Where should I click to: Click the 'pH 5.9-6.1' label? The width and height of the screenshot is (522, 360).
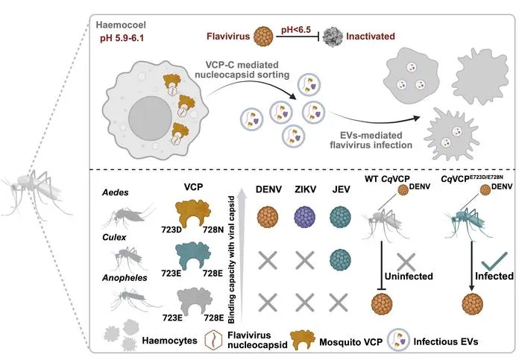122,38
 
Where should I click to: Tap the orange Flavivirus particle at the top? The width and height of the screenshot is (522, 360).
264,37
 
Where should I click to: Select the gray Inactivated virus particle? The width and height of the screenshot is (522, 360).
333,37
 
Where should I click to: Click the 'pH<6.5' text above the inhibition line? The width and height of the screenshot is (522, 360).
296,30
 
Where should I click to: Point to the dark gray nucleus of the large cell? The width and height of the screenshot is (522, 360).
151,118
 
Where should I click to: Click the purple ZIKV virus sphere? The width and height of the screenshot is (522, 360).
304,217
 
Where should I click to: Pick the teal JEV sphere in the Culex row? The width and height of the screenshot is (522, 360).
340,259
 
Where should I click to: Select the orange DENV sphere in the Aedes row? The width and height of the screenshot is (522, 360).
268,217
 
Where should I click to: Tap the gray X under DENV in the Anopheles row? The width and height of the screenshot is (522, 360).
268,303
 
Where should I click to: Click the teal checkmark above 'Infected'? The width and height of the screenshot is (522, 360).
494,261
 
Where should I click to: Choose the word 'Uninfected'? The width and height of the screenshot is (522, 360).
409,277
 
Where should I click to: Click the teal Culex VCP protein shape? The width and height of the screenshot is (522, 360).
192,256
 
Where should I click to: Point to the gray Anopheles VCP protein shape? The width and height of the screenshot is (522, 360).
193,301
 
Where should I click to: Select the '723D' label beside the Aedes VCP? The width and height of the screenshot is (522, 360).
172,230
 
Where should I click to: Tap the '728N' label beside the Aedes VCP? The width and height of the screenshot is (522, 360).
213,230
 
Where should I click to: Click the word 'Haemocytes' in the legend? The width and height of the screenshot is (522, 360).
169,341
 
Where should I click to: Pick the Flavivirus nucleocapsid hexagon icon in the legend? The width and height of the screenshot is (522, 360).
214,340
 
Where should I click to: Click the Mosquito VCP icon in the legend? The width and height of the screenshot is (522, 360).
303,341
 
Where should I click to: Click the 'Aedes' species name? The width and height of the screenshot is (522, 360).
115,192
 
